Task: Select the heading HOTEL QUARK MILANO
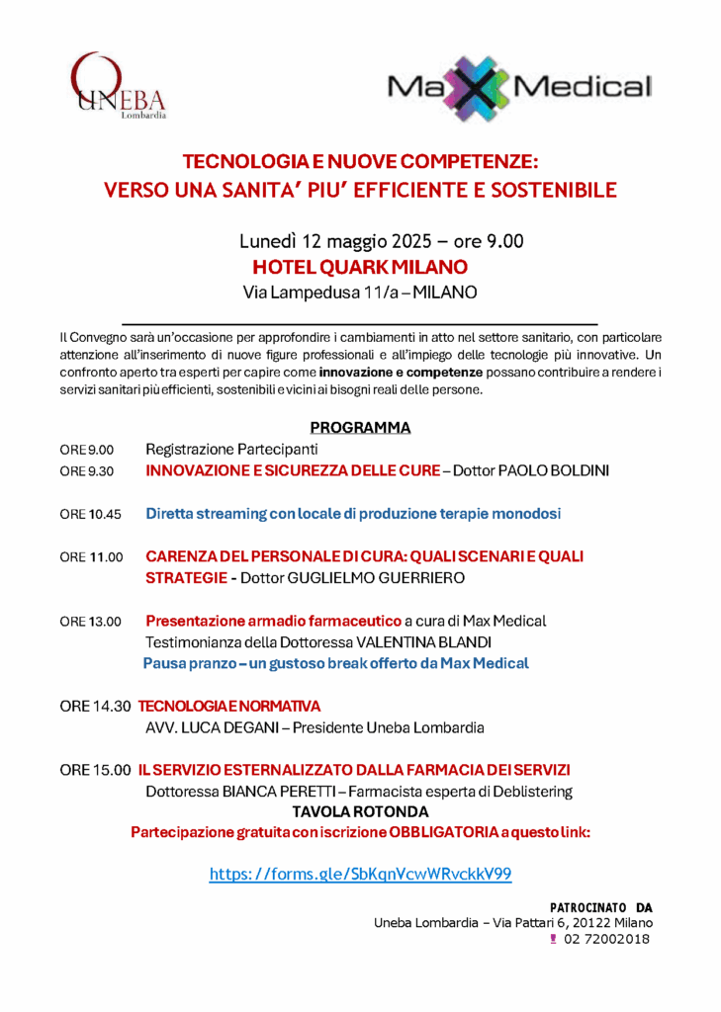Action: coord(360,267)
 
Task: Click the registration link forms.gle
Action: coord(360,874)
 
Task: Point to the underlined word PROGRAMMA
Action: coord(360,428)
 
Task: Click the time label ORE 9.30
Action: coord(87,471)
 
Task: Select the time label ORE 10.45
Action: coord(90,514)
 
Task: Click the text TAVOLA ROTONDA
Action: coord(360,811)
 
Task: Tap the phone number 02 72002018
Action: coord(608,940)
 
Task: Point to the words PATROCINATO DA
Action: coord(600,906)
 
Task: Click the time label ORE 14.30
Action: coord(95,707)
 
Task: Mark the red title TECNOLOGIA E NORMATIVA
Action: coord(229,707)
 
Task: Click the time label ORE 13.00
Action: coord(90,622)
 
